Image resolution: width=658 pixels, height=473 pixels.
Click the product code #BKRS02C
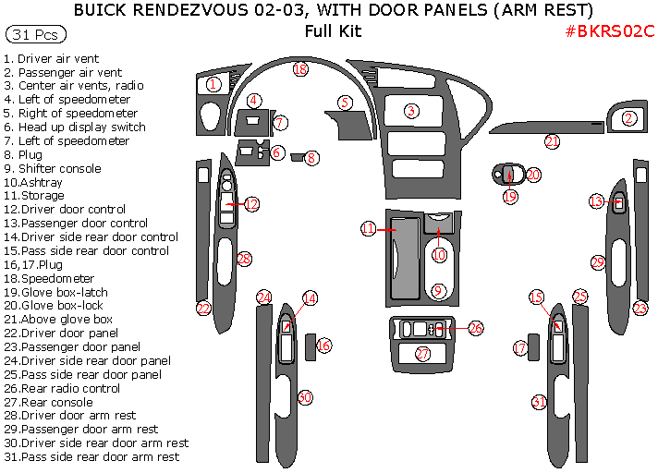click(x=610, y=31)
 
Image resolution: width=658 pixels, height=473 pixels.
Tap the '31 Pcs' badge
click(x=36, y=35)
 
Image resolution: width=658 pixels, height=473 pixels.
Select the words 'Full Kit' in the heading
click(x=333, y=31)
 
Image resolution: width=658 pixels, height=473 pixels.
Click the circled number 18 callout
click(x=299, y=69)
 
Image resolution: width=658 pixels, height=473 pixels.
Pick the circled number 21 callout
click(x=552, y=141)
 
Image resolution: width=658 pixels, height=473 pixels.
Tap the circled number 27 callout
click(x=422, y=354)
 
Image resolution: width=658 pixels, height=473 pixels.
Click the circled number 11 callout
click(x=368, y=227)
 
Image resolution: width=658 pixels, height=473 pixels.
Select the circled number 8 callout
click(x=312, y=158)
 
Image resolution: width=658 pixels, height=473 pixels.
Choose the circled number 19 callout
click(x=510, y=196)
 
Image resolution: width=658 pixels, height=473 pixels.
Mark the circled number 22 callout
click(x=204, y=309)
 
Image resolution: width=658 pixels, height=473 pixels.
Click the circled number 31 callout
click(x=539, y=401)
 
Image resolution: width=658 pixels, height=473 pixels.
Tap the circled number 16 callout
click(x=323, y=345)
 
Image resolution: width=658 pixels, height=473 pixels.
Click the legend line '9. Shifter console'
click(x=53, y=168)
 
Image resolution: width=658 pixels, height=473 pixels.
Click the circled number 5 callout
click(x=345, y=103)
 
